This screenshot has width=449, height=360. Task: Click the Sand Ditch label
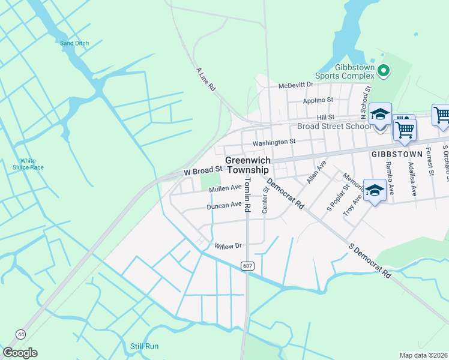(74, 43)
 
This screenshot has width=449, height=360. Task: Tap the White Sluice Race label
(28, 164)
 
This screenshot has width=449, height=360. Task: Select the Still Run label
(145, 346)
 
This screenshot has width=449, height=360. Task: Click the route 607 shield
(247, 265)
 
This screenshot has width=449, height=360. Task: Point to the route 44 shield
(21, 333)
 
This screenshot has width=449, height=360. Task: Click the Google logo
(20, 353)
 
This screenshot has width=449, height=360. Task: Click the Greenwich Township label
(248, 165)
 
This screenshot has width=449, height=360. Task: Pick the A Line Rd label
(206, 79)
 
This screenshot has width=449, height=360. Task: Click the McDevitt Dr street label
(296, 85)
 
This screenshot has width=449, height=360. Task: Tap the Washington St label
(274, 142)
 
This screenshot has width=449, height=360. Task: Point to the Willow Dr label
(228, 246)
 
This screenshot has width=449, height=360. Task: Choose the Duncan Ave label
(224, 206)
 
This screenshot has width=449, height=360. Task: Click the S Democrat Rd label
(370, 261)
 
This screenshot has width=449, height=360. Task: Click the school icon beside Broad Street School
(380, 114)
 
